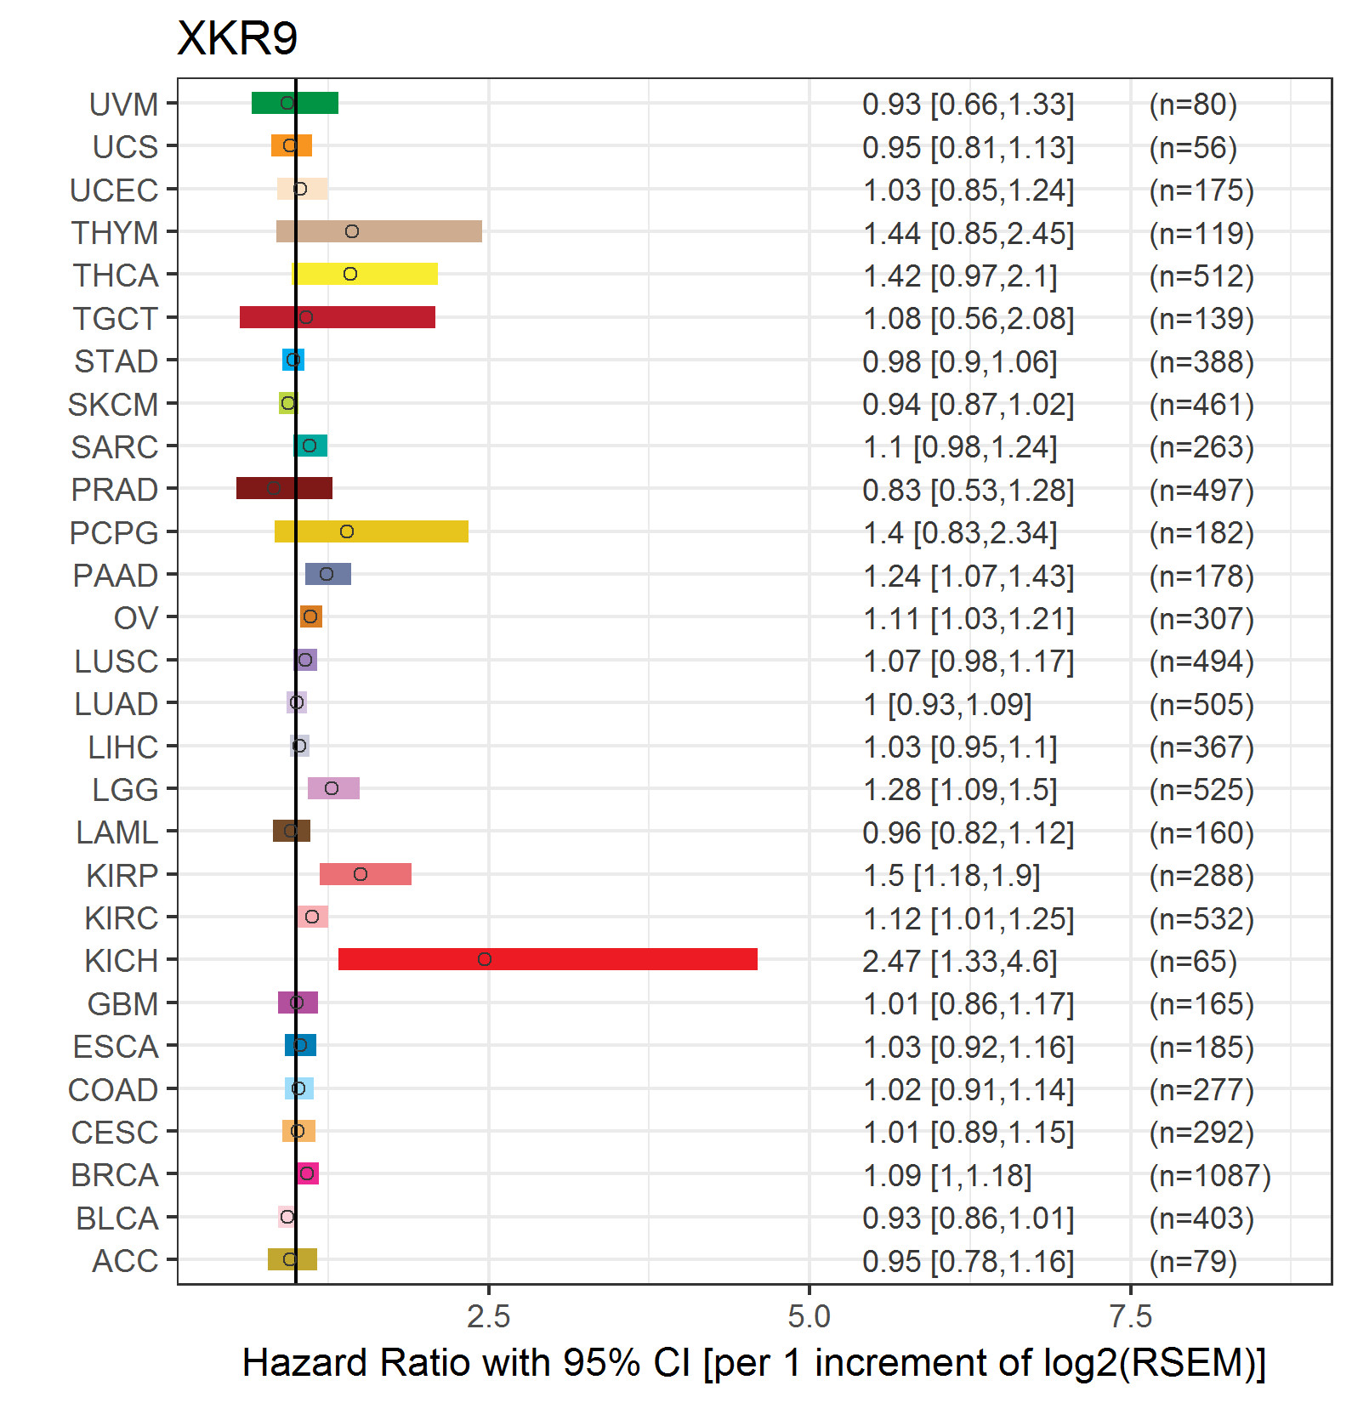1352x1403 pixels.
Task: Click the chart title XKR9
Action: tap(237, 38)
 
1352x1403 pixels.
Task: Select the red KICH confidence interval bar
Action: tap(548, 959)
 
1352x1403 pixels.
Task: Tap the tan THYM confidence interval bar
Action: tap(379, 231)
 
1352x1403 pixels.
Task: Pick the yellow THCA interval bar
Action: tap(365, 274)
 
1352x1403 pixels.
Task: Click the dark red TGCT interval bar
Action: tap(338, 317)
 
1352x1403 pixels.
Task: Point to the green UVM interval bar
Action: tap(295, 103)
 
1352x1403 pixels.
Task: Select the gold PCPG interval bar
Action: tap(372, 531)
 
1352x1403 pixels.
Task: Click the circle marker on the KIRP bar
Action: tap(361, 874)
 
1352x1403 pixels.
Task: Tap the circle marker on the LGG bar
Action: tap(332, 788)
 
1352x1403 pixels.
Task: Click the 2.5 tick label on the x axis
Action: tap(489, 1316)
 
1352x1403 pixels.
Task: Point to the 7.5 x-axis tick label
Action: tap(1131, 1316)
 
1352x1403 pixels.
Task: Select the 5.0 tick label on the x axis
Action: tap(809, 1316)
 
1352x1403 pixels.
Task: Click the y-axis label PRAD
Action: tap(115, 490)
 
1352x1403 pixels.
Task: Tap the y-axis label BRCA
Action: tap(115, 1175)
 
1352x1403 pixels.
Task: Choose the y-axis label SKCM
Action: tap(113, 405)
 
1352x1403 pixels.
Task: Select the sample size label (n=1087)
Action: tap(1210, 1175)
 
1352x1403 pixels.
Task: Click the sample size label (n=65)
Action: tap(1193, 961)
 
